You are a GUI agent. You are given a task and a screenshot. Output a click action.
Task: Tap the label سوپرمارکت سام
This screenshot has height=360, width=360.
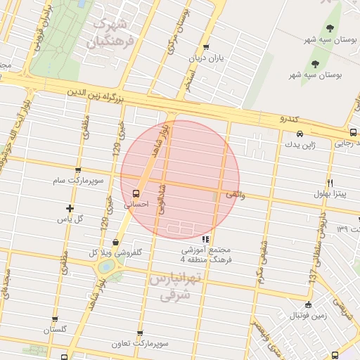tap(78, 181)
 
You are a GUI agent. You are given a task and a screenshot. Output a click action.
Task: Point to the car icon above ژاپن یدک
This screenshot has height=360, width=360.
tap(300, 134)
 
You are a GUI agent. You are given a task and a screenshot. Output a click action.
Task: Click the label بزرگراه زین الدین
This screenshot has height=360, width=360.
tap(95, 92)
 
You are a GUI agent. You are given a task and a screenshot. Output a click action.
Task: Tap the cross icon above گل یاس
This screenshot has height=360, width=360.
tap(69, 208)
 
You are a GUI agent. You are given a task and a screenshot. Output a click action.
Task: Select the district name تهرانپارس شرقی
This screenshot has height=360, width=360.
tap(175, 287)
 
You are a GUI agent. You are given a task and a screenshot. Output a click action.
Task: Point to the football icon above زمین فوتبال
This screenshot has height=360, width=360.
tap(308, 304)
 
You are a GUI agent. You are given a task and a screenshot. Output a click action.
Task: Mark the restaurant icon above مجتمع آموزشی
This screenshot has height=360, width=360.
tap(205, 239)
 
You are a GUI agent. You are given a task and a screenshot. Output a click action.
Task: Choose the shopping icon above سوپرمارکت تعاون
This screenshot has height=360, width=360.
tap(140, 334)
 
